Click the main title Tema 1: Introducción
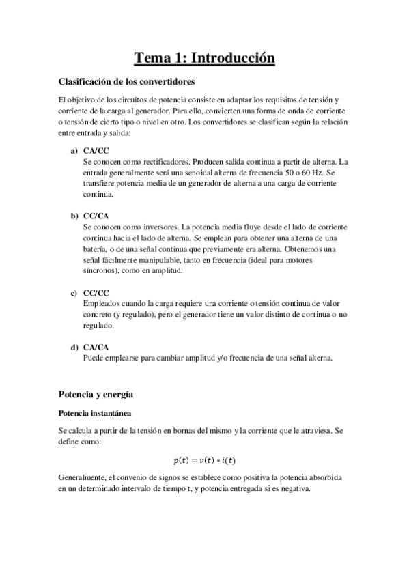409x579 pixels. click(x=204, y=59)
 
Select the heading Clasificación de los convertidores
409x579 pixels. click(x=128, y=83)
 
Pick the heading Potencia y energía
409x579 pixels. click(x=96, y=394)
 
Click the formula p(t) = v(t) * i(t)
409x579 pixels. click(x=204, y=460)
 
